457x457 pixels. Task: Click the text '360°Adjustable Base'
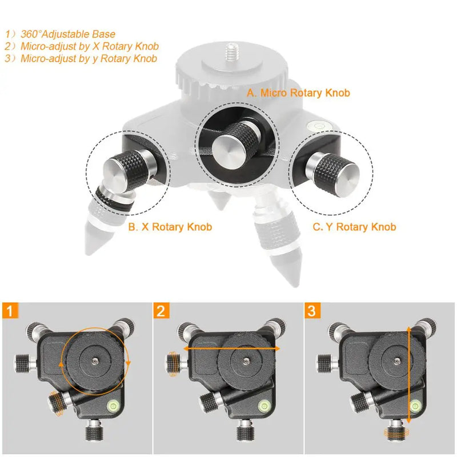pos(68,34)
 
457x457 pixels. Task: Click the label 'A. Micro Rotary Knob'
pos(298,93)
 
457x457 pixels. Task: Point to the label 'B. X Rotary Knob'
pos(170,227)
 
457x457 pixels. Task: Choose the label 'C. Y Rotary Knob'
pos(354,227)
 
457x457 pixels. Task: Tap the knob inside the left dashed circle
pos(122,171)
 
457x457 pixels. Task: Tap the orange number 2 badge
pos(162,311)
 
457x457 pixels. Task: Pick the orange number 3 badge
pos(312,311)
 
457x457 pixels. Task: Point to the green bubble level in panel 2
pos(265,407)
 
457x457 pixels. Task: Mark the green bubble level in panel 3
pos(415,407)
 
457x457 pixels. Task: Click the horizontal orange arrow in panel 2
pos(231,347)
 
